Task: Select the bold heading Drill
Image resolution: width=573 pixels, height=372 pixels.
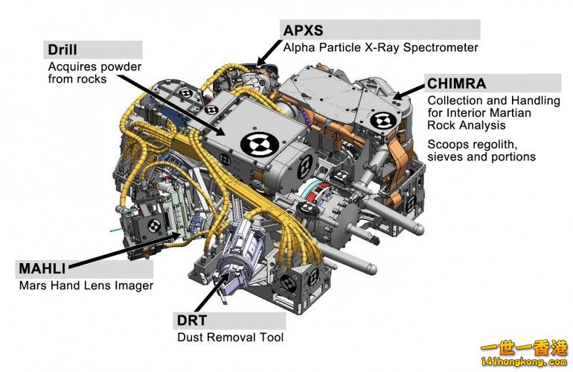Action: [x=63, y=50]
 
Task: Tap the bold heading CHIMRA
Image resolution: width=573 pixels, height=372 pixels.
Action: [x=456, y=83]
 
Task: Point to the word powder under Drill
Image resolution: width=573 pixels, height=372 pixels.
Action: [x=118, y=66]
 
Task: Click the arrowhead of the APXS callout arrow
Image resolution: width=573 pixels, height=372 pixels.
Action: [x=260, y=60]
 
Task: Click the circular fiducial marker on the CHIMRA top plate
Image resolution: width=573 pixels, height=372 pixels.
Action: [x=384, y=122]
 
